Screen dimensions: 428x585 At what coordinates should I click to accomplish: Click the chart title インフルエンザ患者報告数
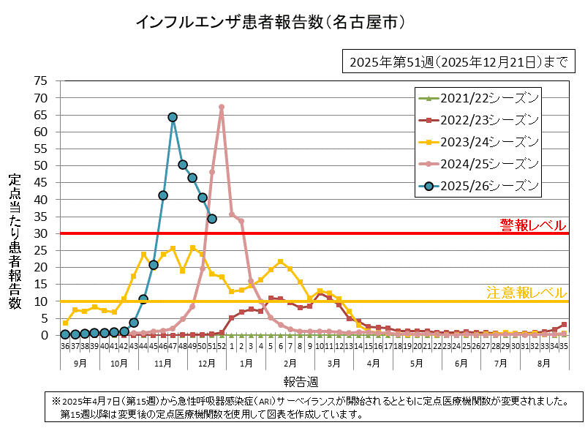pyautogui.click(x=271, y=23)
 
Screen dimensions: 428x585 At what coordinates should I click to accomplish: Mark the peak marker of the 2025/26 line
pyautogui.click(x=173, y=117)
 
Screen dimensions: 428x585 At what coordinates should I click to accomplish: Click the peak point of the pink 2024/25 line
pyautogui.click(x=222, y=107)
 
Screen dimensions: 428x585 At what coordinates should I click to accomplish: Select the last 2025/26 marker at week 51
pyautogui.click(x=212, y=218)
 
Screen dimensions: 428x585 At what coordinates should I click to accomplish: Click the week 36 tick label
pyautogui.click(x=65, y=348)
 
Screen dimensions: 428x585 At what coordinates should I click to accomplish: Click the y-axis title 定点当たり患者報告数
pyautogui.click(x=15, y=241)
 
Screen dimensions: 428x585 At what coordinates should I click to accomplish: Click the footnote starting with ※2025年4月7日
pyautogui.click(x=307, y=408)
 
